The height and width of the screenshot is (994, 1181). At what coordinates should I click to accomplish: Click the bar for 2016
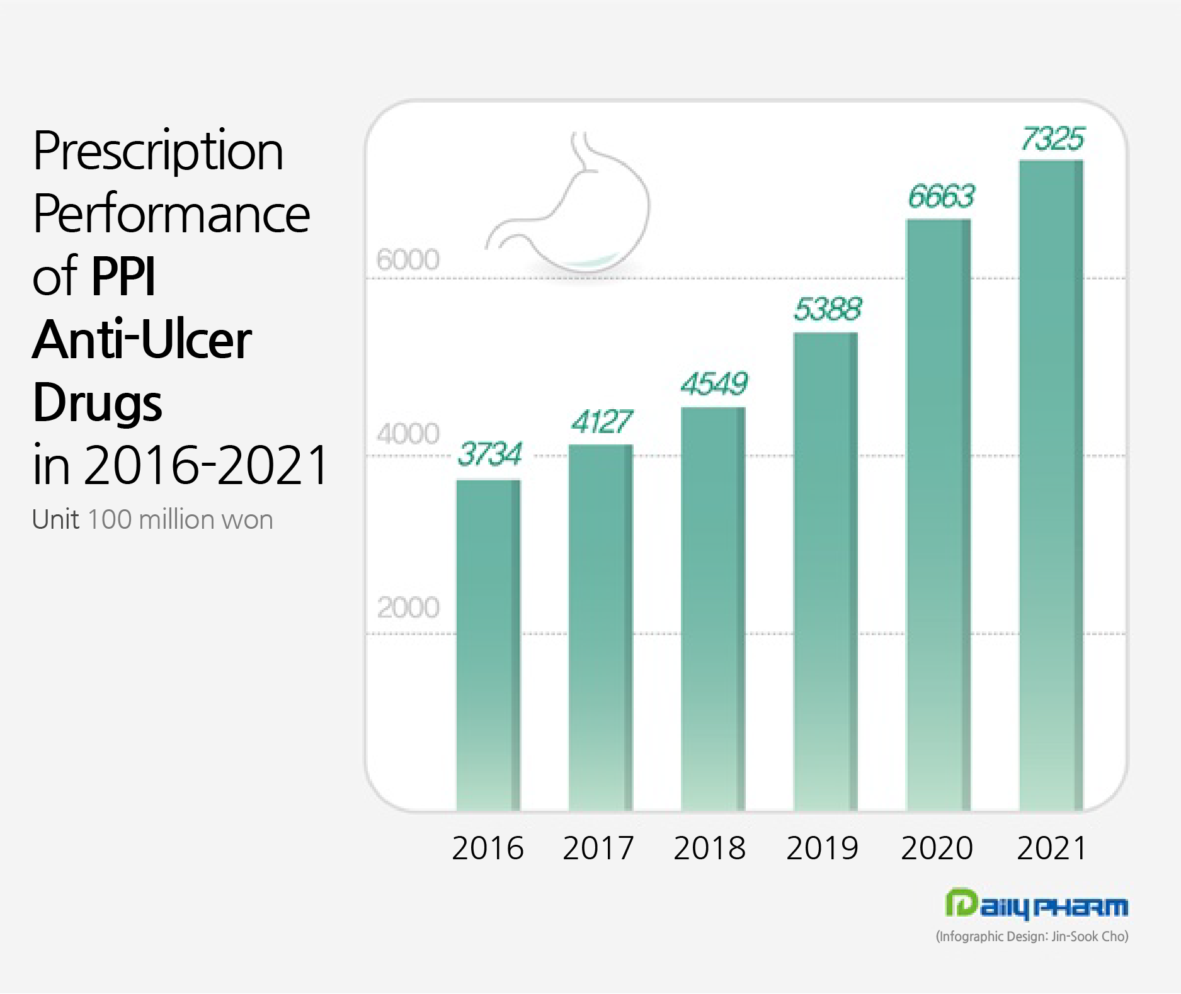[x=488, y=645]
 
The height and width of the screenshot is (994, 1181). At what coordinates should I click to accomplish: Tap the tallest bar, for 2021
[x=1051, y=485]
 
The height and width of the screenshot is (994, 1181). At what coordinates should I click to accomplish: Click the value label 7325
[x=1053, y=139]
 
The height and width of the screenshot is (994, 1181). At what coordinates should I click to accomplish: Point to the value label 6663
[x=941, y=197]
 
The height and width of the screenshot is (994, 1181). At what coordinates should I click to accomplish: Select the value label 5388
[x=827, y=309]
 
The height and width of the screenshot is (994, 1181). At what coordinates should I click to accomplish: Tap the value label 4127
[x=602, y=422]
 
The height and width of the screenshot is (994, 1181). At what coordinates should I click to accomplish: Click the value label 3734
[x=489, y=454]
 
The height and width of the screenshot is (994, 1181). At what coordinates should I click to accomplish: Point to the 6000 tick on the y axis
[x=408, y=259]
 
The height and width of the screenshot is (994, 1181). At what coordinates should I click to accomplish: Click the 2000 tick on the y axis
[x=408, y=607]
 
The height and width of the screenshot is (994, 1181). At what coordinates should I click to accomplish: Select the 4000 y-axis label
[x=408, y=434]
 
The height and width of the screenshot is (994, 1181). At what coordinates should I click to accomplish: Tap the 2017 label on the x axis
[x=598, y=848]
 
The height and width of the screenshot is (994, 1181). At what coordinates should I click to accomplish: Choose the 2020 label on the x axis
[x=937, y=848]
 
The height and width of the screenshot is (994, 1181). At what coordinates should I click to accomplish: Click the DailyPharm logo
[x=1036, y=905]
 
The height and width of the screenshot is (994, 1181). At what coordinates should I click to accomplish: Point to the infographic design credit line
[x=1032, y=937]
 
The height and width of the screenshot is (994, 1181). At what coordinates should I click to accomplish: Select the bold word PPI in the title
[x=123, y=276]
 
